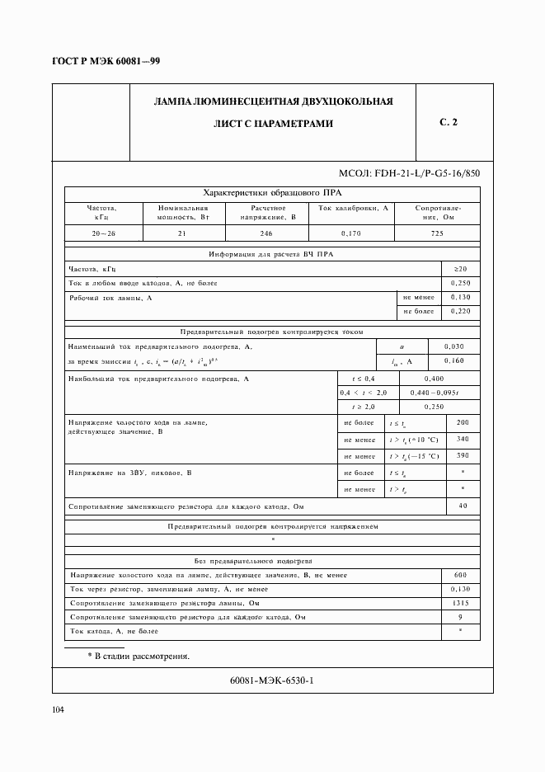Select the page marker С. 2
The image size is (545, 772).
pyautogui.click(x=449, y=123)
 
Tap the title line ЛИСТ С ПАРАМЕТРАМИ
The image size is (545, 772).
pyautogui.click(x=273, y=124)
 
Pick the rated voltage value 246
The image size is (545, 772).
pyautogui.click(x=266, y=233)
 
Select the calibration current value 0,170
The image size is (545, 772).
pyautogui.click(x=350, y=233)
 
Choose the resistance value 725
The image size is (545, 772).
pyautogui.click(x=436, y=233)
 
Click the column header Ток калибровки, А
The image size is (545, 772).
pyautogui.click(x=351, y=209)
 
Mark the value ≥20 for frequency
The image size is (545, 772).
pyautogui.click(x=460, y=269)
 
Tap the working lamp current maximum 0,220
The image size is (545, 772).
pyautogui.click(x=460, y=311)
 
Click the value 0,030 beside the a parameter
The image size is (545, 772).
pyautogui.click(x=453, y=346)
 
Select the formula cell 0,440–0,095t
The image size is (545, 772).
pyautogui.click(x=438, y=393)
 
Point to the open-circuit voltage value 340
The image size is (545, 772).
pyautogui.click(x=462, y=439)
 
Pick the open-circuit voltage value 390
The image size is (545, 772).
pyautogui.click(x=462, y=455)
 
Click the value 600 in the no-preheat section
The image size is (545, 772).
pyautogui.click(x=460, y=575)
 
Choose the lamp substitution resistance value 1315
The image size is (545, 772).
pyautogui.click(x=460, y=603)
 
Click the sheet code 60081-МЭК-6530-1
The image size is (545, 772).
pyautogui.click(x=273, y=680)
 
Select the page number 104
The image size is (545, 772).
pyautogui.click(x=58, y=710)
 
